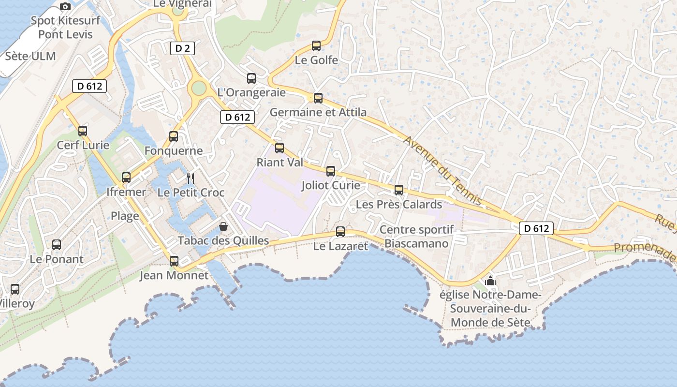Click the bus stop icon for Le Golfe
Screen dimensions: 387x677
tap(316, 46)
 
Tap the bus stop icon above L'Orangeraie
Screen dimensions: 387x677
tap(251, 78)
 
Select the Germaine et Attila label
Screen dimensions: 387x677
tap(318, 112)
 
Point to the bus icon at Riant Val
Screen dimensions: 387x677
tap(280, 148)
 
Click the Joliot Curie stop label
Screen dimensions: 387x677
tap(331, 185)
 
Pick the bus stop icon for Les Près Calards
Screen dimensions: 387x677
tap(399, 190)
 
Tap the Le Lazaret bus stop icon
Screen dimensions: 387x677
tap(340, 232)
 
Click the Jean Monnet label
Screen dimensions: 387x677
tap(174, 276)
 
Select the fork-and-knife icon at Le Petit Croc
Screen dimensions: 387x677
tap(191, 179)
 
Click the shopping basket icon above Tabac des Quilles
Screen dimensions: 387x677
tap(223, 226)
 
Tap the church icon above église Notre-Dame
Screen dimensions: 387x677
tap(490, 281)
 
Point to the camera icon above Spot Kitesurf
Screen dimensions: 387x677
tap(65, 7)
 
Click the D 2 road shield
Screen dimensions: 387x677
tap(182, 48)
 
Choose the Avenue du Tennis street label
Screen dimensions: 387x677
tap(442, 170)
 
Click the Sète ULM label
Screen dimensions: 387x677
tap(30, 56)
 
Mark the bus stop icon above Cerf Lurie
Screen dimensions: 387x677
tap(83, 131)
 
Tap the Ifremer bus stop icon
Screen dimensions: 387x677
tap(126, 178)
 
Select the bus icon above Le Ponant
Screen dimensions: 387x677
tap(57, 245)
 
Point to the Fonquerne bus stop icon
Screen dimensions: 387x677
tap(174, 136)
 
